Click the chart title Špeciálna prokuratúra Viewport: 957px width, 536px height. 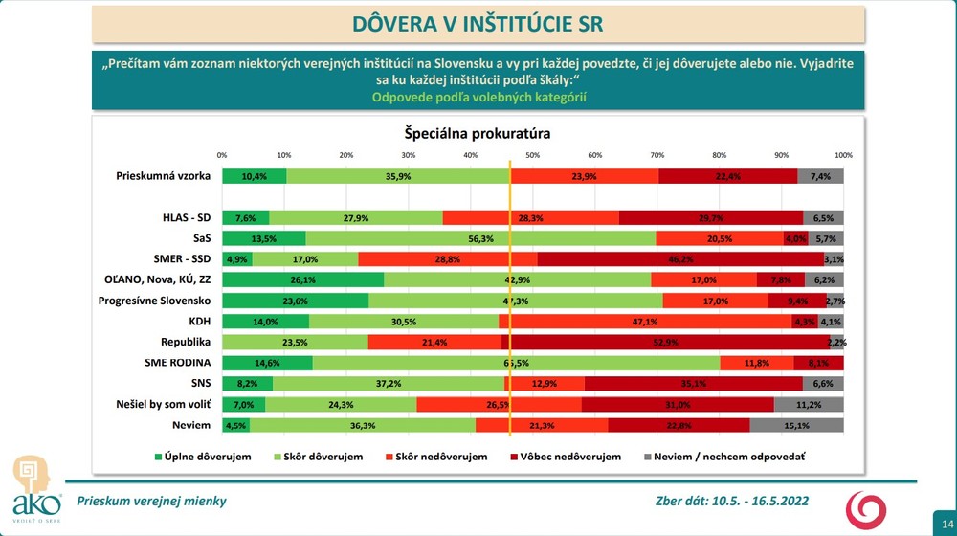pyautogui.click(x=477, y=133)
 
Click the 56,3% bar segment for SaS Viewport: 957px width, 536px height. pyautogui.click(x=480, y=238)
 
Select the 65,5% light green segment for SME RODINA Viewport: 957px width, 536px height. pyautogui.click(x=516, y=363)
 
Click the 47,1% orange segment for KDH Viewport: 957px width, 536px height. pyautogui.click(x=646, y=322)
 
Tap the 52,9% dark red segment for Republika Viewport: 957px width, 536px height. pyautogui.click(x=670, y=342)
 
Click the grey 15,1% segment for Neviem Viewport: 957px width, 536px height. pyautogui.click(x=796, y=425)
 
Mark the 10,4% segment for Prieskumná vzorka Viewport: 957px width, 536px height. pyautogui.click(x=254, y=176)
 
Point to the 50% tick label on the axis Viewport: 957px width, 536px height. pyautogui.click(x=532, y=154)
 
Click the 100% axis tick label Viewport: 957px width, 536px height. pyautogui.click(x=843, y=154)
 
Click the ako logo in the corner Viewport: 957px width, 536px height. pyautogui.click(x=36, y=489)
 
